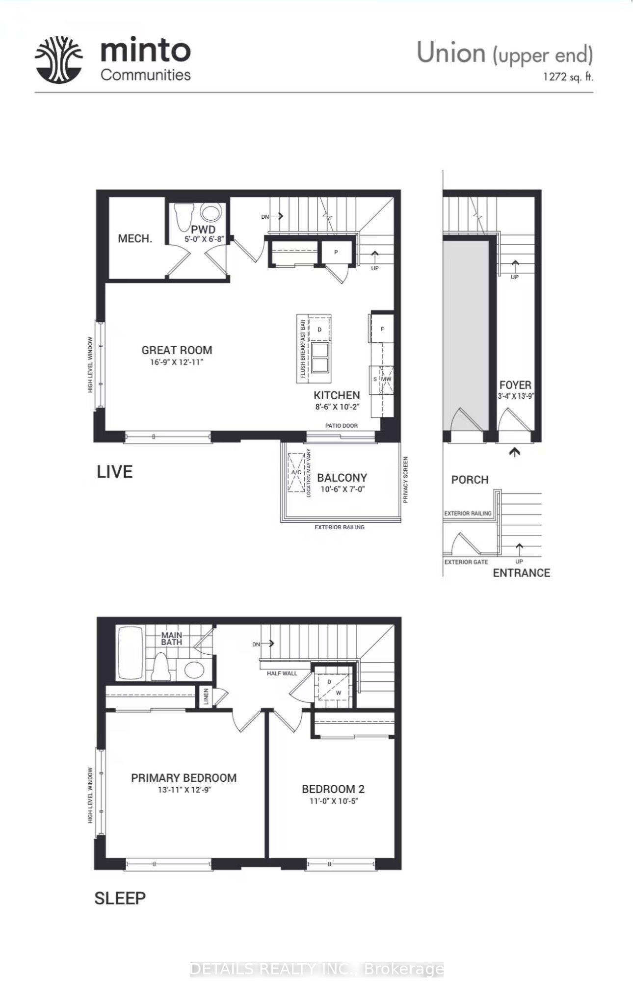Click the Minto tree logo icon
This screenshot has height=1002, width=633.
pos(58,60)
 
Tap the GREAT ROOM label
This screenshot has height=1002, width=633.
pos(177,350)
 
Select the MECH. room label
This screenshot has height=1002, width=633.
pos(135,239)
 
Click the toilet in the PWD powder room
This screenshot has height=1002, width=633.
pos(185,216)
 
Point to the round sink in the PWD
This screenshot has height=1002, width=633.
pos(211,213)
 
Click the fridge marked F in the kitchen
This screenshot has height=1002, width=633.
pos(382,329)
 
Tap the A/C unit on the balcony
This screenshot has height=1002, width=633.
pos(296,472)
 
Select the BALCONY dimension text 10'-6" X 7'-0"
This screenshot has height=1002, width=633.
pos(342,489)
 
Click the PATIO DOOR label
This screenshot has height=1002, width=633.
pos(342,426)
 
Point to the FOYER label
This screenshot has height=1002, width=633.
pos(515,385)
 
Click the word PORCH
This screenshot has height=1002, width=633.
pos(470,480)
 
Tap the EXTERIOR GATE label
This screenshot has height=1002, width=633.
pos(466,562)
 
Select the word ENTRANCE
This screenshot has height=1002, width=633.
pos(521,573)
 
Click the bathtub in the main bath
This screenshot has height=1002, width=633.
pos(131,653)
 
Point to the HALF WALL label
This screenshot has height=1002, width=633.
pos(282,673)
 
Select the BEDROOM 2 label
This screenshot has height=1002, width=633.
pos(333,789)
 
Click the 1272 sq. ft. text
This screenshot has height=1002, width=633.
pos(568,77)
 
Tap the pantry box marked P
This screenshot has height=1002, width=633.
pos(337,252)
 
